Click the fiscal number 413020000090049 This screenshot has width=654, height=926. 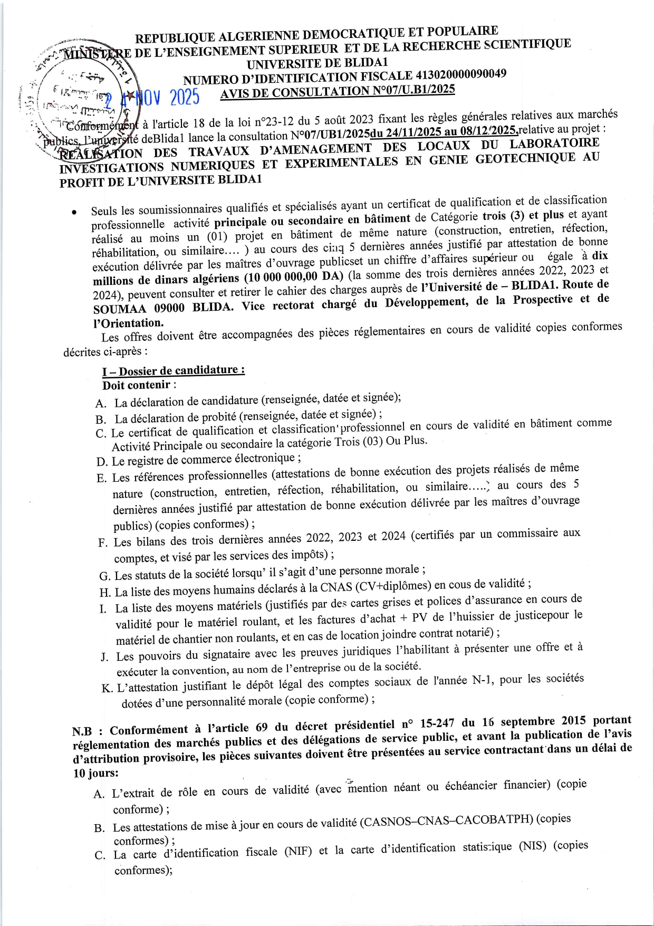pyautogui.click(x=458, y=75)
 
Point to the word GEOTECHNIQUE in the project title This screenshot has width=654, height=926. pyautogui.click(x=525, y=158)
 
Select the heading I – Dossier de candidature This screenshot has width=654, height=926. pyautogui.click(x=173, y=370)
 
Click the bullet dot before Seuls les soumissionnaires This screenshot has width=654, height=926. pyautogui.click(x=75, y=212)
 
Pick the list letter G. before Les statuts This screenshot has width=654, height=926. pyautogui.click(x=104, y=576)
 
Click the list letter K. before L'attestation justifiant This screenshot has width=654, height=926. pyautogui.click(x=107, y=689)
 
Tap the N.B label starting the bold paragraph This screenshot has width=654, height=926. pyautogui.click(x=82, y=732)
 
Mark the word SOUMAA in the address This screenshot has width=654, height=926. pyautogui.click(x=120, y=309)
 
